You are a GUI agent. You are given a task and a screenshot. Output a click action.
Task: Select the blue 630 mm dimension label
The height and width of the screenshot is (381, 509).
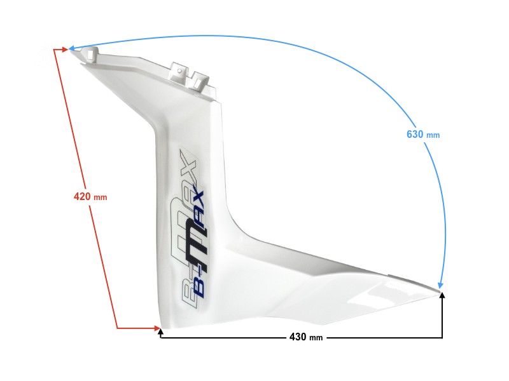pos(422,134)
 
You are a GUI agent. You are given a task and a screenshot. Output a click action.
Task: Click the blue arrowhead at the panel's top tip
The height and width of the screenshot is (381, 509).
pos(72,48)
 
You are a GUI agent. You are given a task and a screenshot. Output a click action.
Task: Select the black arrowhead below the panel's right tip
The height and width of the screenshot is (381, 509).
pos(442,297)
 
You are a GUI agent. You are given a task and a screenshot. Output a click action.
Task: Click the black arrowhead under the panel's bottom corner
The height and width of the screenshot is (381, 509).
pos(161,333)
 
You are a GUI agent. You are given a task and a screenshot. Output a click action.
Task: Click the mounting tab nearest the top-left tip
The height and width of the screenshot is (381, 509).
pos(92,56)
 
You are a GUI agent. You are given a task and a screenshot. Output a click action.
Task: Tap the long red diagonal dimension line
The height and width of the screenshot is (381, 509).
pos(87,190)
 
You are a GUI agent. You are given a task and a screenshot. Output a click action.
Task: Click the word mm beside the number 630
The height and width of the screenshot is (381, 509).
pos(433,135)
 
